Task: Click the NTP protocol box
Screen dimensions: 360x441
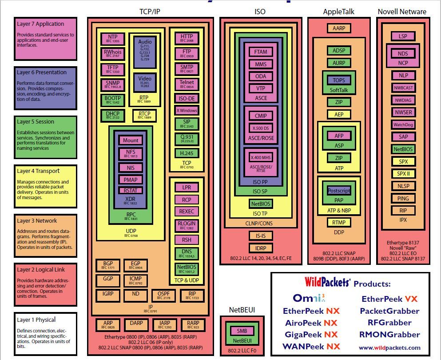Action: pos(112,39)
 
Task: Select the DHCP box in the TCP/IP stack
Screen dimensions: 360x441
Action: pos(112,116)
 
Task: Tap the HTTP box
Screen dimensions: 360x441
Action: pos(187,39)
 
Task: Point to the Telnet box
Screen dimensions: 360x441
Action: pos(187,84)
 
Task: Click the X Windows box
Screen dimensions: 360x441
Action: pos(187,110)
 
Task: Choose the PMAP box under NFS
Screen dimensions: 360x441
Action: pos(131,180)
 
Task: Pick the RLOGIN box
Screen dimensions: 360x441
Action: pos(187,225)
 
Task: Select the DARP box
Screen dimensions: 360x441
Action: pos(133,325)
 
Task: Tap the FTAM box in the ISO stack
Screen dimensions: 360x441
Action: pos(261,52)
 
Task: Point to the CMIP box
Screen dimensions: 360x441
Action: pos(261,116)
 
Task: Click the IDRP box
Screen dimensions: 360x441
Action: pos(261,248)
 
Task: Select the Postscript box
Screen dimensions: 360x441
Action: pos(338,190)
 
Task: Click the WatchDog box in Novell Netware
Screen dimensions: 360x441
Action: pos(403,124)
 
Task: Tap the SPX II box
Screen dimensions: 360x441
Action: pos(403,174)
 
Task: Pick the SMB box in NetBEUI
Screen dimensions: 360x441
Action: pos(242,331)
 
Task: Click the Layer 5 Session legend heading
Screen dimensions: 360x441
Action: pos(36,122)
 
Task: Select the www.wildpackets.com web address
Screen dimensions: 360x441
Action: pos(389,348)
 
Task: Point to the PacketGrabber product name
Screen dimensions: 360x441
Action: pos(389,311)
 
